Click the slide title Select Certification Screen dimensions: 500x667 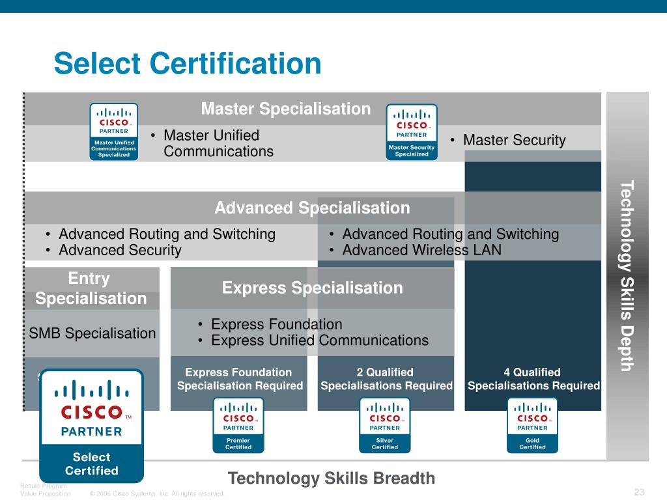[x=188, y=64]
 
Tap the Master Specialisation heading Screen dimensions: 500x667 [x=285, y=109]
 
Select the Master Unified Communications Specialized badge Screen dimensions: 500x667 [x=114, y=132]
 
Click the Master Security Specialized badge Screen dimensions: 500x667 [x=412, y=132]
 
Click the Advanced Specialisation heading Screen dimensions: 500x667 [x=312, y=208]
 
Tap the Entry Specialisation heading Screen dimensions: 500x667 [x=91, y=288]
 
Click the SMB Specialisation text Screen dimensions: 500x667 [x=92, y=333]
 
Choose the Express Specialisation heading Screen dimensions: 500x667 [x=312, y=288]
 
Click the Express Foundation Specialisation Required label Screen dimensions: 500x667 [x=240, y=379]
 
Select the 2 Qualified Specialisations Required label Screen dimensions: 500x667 [x=386, y=379]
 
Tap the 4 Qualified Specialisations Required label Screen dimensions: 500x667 [x=533, y=379]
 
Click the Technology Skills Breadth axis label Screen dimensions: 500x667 [x=331, y=479]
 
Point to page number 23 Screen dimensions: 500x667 [x=638, y=492]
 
